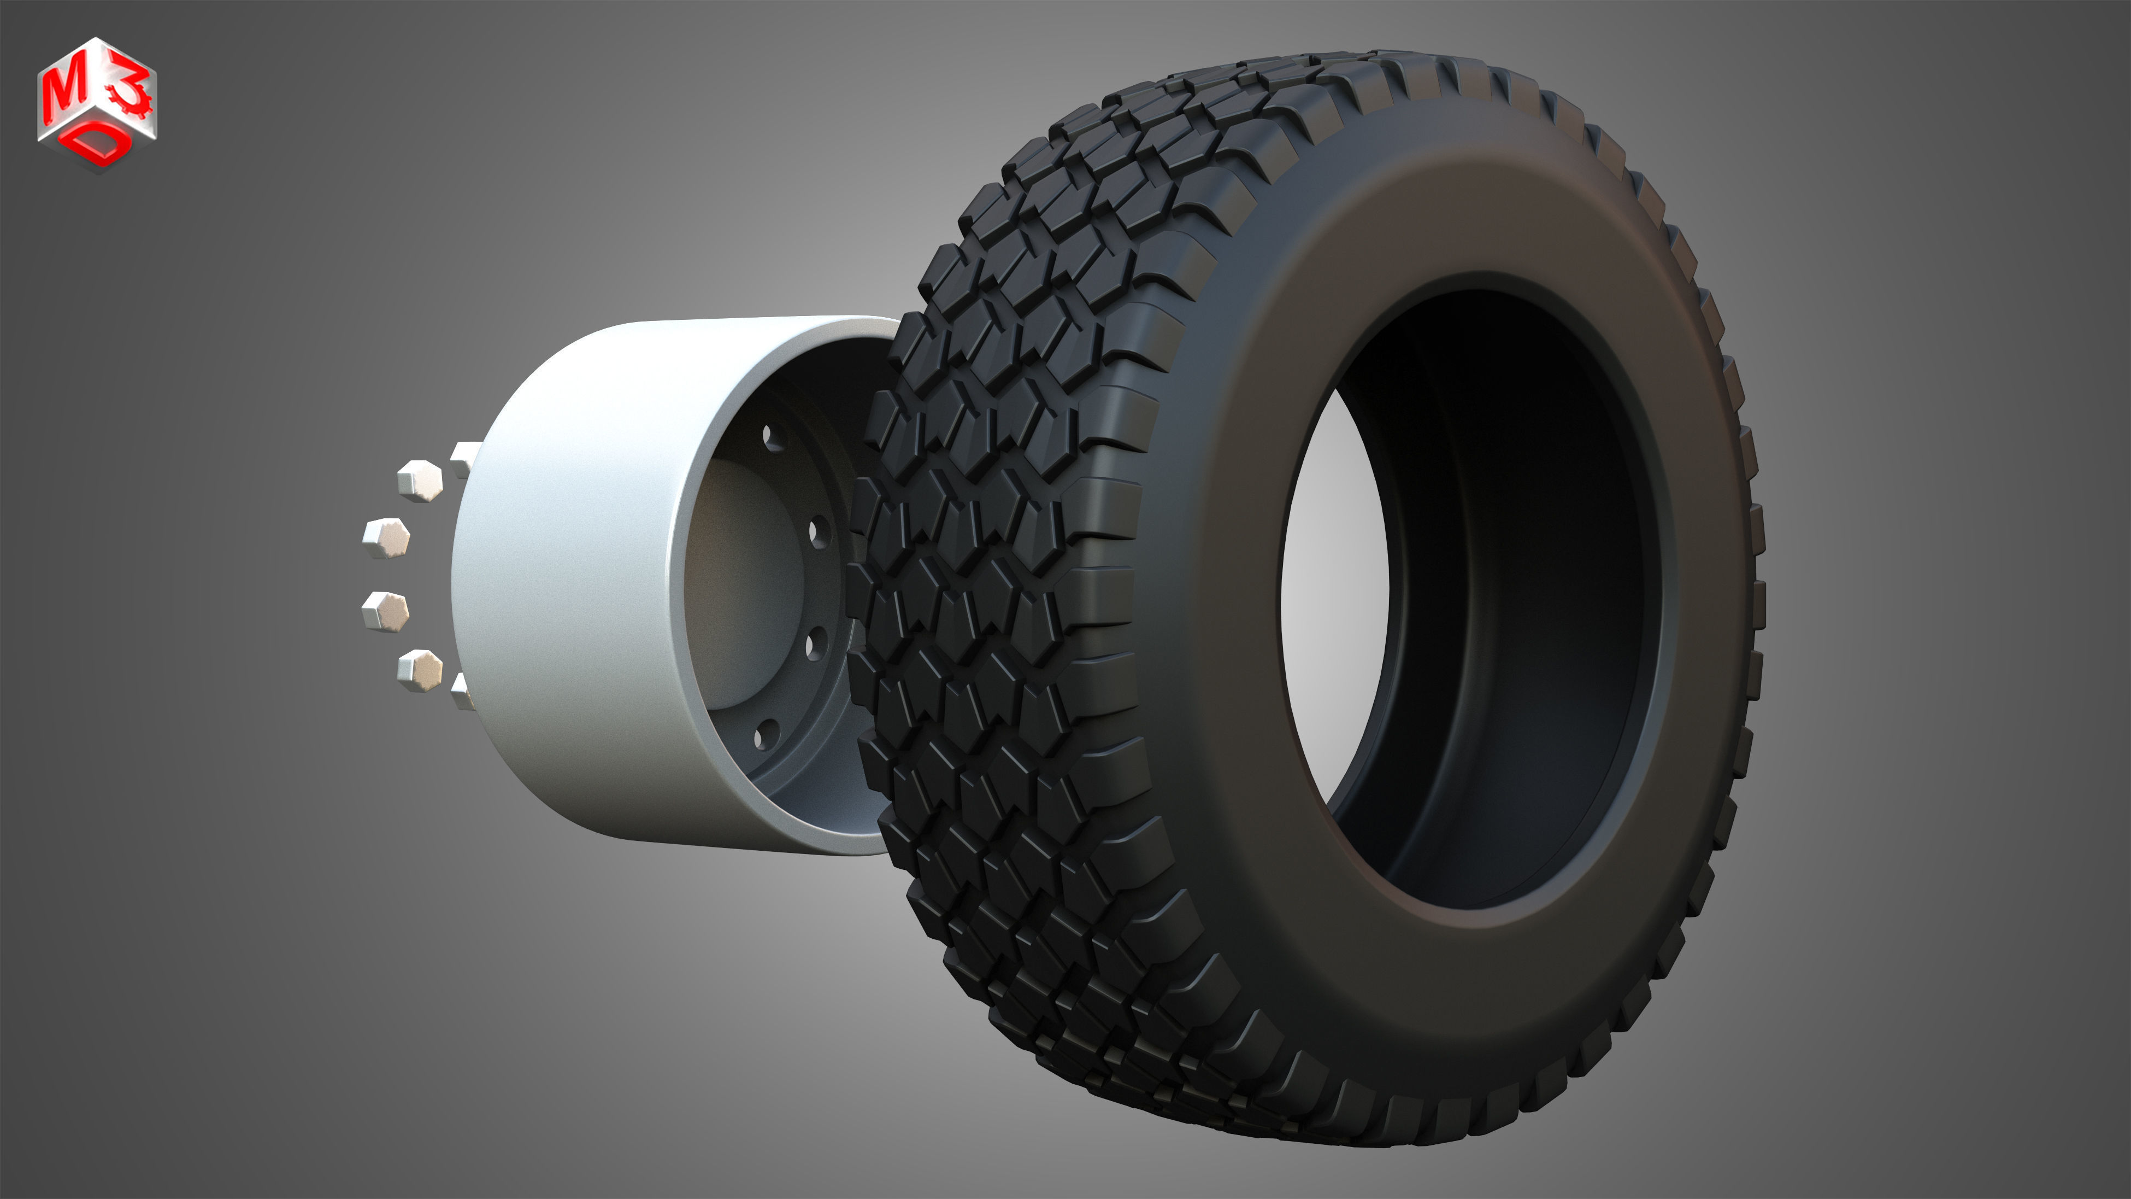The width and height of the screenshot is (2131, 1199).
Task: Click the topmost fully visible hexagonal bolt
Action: click(420, 480)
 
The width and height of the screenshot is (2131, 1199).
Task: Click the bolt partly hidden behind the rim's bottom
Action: click(463, 691)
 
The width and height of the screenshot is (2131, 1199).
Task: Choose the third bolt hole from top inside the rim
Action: click(814, 642)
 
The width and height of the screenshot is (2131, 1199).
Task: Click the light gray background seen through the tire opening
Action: click(1332, 596)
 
